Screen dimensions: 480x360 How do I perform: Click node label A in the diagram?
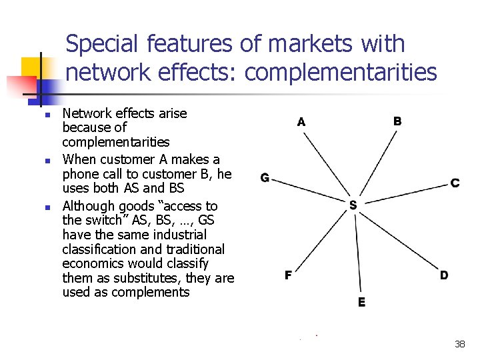coord(301,122)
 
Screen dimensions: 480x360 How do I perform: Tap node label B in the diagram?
coord(397,121)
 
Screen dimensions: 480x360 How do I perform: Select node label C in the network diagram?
coord(455,183)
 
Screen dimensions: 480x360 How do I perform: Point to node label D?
coord(444,275)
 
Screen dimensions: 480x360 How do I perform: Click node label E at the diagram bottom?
coord(361,303)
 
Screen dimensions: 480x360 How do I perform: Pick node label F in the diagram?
coord(288,275)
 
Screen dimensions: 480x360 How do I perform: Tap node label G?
coord(265,178)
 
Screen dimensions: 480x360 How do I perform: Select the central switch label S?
coord(353,205)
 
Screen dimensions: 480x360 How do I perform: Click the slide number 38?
coord(459,344)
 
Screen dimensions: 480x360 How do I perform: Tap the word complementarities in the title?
coord(341,72)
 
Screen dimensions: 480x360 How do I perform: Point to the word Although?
coord(85,206)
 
